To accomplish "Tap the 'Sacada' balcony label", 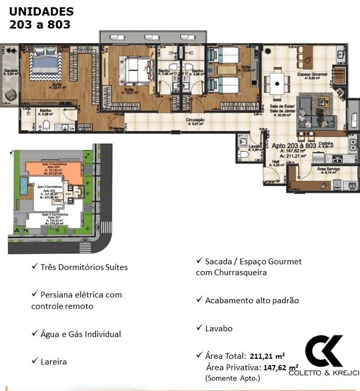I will [11, 70].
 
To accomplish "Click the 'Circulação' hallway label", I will [195, 120].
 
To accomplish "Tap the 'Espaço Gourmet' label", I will [312, 74].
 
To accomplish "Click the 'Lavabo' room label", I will [255, 146].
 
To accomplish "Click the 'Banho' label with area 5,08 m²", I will [45, 110].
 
